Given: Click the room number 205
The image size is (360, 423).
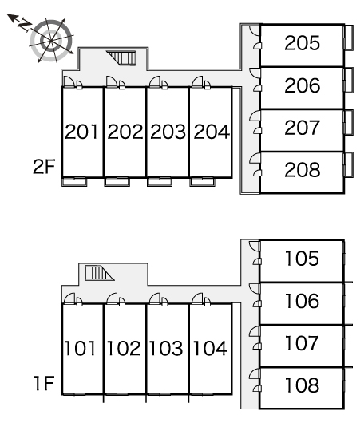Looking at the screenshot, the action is click(302, 43).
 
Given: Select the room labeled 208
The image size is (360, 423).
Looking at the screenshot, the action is click(303, 170).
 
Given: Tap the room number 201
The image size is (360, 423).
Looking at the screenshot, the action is click(81, 132).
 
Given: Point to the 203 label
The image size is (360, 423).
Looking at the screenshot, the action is click(168, 132).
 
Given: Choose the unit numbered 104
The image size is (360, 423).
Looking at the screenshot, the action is click(210, 348).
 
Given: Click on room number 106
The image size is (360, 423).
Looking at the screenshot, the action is click(302, 301).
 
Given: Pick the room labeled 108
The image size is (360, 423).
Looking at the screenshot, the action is click(302, 385).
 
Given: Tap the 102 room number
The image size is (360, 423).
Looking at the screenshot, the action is click(124, 348).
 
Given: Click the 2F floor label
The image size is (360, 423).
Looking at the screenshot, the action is click(44, 167).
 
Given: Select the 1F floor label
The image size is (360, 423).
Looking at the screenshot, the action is click(44, 383).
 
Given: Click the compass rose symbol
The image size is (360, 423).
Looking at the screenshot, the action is click(51, 41).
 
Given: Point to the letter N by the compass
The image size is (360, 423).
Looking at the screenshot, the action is click(24, 25).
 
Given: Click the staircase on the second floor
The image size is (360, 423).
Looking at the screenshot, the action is click(121, 57).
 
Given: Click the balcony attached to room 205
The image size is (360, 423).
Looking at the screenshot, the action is click(348, 38).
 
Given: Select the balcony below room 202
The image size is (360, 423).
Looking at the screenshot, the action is click(117, 181).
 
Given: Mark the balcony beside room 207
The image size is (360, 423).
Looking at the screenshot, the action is click(348, 122).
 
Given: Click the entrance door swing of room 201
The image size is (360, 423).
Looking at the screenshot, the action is click(69, 81).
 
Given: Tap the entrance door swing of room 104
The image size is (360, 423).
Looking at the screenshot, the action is click(197, 298).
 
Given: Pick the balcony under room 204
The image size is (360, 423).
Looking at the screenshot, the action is click(203, 181).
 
